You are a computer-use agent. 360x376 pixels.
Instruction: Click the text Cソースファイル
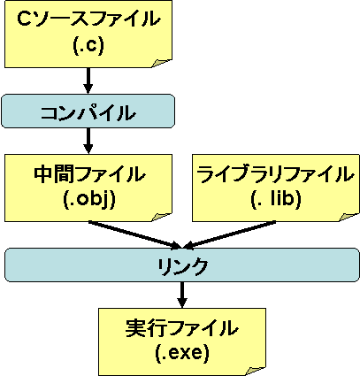point(88,19)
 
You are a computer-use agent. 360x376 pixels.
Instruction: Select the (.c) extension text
point(88,46)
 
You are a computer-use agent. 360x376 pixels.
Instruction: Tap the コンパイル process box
point(88,111)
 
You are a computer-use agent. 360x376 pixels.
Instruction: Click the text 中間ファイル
point(88,174)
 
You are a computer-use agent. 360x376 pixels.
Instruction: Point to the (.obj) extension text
point(88,200)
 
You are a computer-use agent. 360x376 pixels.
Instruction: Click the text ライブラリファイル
point(275,174)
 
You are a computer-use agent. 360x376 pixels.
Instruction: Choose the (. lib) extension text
point(276,199)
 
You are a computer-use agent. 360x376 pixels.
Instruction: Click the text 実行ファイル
point(182,328)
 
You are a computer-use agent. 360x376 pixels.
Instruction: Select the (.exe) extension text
point(182,353)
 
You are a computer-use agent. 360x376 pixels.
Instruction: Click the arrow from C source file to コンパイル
point(88,81)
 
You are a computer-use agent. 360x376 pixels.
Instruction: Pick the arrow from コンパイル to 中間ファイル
point(88,141)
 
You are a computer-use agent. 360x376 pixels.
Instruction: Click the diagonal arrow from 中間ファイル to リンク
point(134,235)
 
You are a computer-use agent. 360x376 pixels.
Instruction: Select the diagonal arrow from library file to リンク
point(230,235)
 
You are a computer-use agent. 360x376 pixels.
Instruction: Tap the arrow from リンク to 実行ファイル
point(182,295)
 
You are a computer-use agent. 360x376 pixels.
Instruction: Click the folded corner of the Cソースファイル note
point(161,63)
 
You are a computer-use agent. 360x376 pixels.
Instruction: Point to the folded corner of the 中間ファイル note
point(161,217)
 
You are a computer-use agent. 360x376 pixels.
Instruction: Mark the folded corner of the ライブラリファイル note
point(349,217)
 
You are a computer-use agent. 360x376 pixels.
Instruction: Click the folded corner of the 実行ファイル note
point(256,371)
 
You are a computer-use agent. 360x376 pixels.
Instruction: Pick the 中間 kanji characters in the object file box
point(53,174)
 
